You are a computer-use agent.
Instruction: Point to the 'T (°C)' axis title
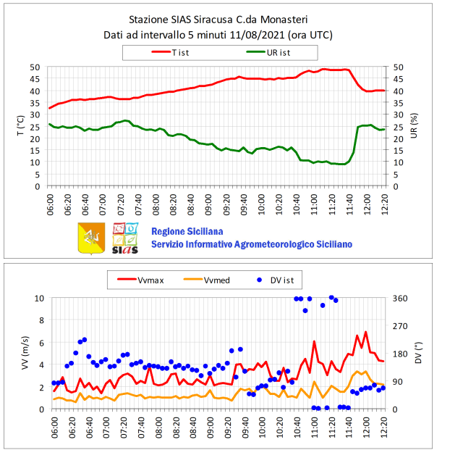20,126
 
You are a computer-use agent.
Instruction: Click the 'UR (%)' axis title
415,126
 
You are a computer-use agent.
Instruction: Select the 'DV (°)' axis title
417,354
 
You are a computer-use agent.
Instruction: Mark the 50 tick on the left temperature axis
35,67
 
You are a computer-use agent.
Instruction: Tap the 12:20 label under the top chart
384,204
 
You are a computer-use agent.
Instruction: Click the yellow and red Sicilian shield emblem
90,238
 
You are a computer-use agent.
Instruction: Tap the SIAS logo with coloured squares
126,238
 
